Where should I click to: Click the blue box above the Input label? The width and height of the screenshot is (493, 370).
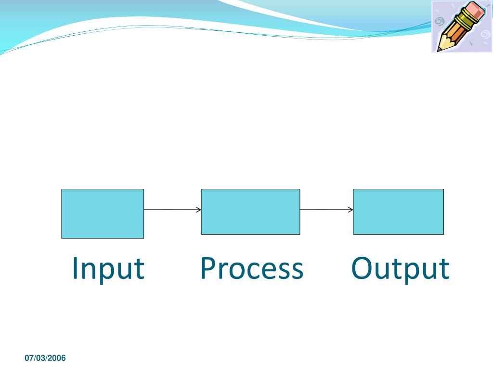coord(103,213)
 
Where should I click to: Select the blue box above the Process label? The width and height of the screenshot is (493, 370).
coord(250,211)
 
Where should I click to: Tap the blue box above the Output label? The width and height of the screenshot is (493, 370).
coord(398,211)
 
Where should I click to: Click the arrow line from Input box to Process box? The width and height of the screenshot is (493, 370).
coord(171,210)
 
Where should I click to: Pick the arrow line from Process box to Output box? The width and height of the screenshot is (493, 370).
coord(325,210)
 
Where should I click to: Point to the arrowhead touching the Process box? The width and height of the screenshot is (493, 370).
coord(199,210)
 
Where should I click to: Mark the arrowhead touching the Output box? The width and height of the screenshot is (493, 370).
coord(351,210)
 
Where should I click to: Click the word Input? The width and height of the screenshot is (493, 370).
coord(108,268)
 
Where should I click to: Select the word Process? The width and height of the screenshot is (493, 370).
coord(251,268)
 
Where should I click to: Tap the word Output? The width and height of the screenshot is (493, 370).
coord(400,268)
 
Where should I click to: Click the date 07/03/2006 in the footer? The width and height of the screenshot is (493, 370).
coord(45,358)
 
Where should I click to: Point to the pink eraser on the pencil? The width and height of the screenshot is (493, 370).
coord(477,11)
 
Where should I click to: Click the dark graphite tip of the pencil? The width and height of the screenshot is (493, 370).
coord(439,49)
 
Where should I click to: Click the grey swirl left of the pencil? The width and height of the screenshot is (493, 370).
coord(439,22)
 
